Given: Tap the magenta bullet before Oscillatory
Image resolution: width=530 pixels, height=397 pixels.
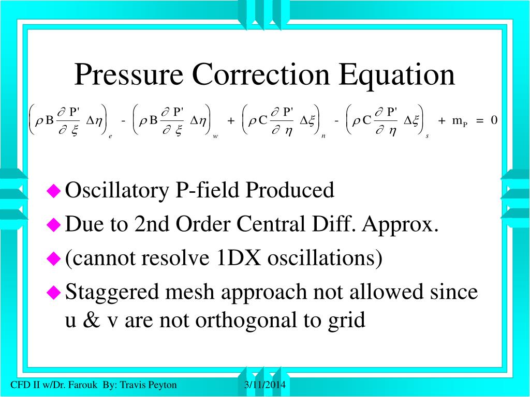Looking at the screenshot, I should pyautogui.click(x=54, y=191).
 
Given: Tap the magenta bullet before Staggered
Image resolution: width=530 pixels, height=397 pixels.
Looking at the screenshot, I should pyautogui.click(x=54, y=293).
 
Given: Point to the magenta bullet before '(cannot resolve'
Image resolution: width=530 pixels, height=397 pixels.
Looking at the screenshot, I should pyautogui.click(x=54, y=258).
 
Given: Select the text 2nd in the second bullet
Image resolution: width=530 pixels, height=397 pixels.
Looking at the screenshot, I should pyautogui.click(x=153, y=225).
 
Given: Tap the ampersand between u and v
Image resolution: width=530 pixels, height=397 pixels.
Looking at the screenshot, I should pyautogui.click(x=91, y=320).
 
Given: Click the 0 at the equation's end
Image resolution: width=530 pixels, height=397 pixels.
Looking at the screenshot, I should pyautogui.click(x=494, y=120).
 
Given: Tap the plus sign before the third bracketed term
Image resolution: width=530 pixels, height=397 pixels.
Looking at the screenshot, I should pyautogui.click(x=231, y=120).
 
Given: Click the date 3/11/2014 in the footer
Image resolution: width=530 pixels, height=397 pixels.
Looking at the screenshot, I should pyautogui.click(x=265, y=385).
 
